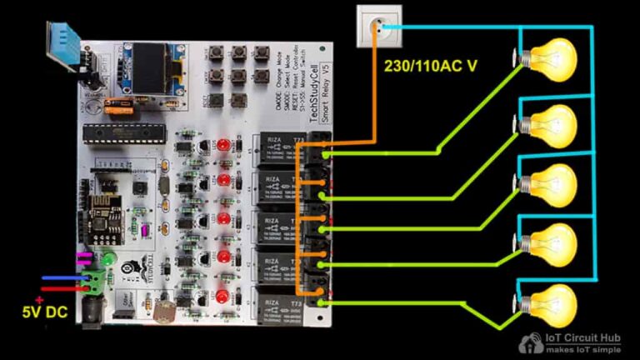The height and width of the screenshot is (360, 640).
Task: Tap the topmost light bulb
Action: click(x=552, y=59)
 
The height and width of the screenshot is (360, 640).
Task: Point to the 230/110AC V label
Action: click(x=430, y=66)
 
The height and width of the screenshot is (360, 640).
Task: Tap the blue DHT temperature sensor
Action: click(x=63, y=46)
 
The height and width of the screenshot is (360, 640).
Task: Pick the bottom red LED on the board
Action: click(x=222, y=297)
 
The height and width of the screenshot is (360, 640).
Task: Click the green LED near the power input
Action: click(x=108, y=257)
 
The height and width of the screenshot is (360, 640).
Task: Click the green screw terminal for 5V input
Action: click(x=98, y=280)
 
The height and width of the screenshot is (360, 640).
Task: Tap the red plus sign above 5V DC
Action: click(x=38, y=300)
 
